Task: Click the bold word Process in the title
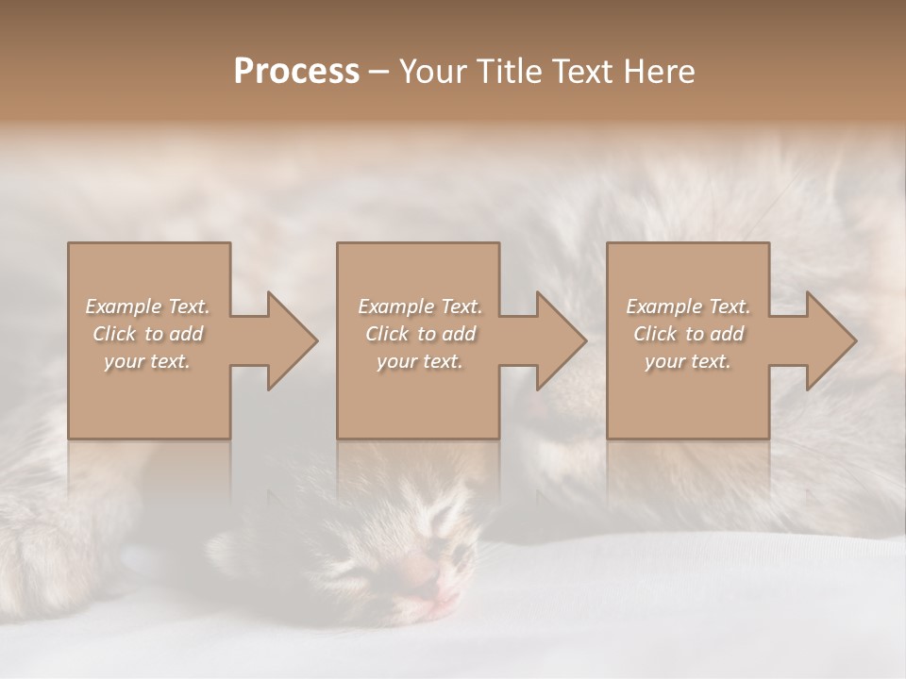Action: [296, 72]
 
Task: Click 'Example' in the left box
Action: [124, 306]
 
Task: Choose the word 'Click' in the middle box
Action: [387, 334]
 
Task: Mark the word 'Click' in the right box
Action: [655, 334]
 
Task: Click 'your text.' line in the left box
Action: [147, 361]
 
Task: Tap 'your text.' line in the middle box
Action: [420, 361]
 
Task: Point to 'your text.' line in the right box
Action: [688, 361]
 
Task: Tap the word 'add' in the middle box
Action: [458, 334]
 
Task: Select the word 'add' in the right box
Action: [726, 334]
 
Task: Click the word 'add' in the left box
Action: [185, 334]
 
